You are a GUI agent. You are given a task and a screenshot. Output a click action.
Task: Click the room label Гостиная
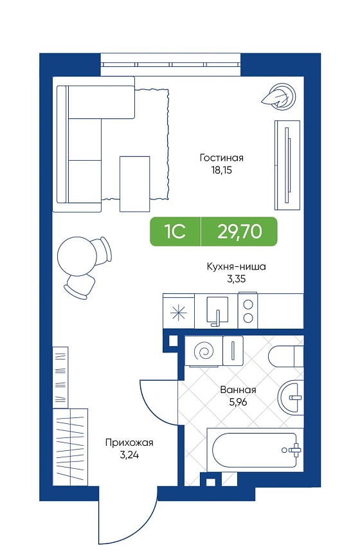(222, 158)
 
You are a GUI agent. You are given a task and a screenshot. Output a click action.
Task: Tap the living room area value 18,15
(221, 170)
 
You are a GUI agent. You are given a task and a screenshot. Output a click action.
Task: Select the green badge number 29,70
(240, 232)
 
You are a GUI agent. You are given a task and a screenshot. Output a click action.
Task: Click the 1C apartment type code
(174, 232)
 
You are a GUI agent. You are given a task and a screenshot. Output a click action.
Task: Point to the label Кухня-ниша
(236, 266)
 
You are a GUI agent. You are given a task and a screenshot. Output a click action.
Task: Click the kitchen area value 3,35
(236, 279)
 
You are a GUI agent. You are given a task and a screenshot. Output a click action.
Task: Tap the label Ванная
(238, 390)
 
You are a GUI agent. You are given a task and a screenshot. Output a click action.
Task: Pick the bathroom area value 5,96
(238, 402)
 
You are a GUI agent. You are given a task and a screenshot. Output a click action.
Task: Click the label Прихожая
(129, 443)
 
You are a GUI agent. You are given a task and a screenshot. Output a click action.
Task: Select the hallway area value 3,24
(129, 455)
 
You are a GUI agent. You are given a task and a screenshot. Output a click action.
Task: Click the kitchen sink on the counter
(217, 311)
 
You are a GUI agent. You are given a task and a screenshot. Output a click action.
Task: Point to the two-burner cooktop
(248, 310)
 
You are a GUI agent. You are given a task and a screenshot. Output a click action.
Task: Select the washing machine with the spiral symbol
(204, 351)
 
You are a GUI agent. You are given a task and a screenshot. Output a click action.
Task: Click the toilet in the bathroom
(286, 357)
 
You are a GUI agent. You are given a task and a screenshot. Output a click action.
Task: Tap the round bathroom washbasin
(291, 397)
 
